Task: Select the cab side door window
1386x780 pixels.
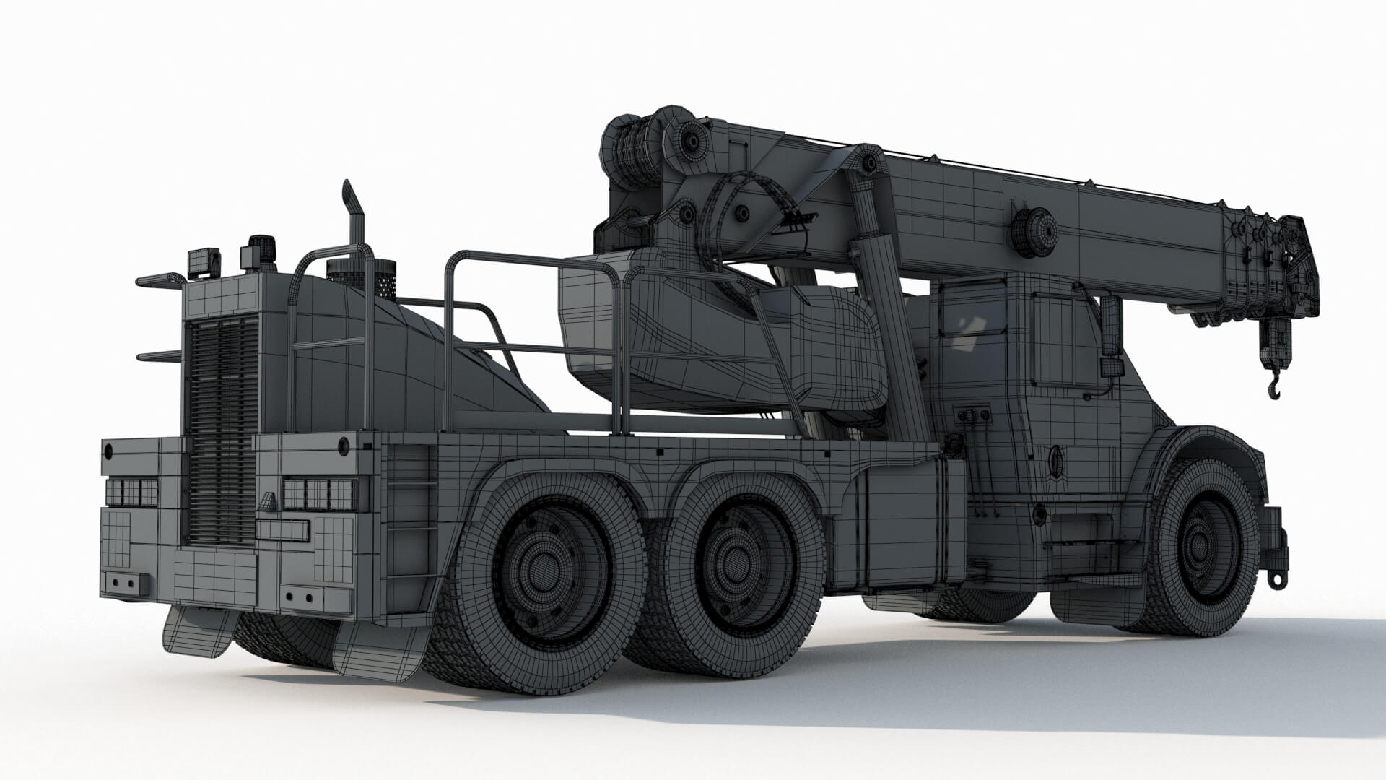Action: coord(1056,339)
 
